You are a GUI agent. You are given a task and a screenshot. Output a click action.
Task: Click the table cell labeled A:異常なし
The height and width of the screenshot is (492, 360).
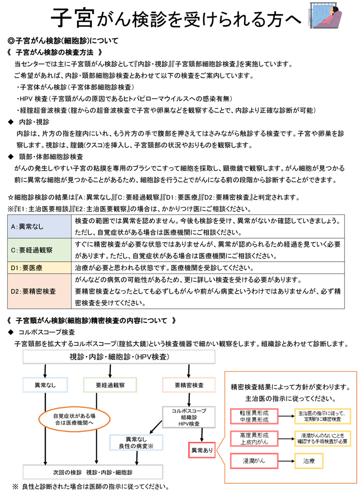click(x=40, y=226)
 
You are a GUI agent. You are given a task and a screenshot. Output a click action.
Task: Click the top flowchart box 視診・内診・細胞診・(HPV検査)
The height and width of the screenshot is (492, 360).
click(x=119, y=357)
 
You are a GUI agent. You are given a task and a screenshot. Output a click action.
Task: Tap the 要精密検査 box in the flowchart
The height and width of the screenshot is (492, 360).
click(x=188, y=385)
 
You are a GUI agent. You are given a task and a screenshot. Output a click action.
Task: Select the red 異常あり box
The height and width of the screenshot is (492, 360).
click(x=202, y=450)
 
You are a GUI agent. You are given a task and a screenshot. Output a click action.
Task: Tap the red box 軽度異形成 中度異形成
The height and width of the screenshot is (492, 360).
click(x=254, y=416)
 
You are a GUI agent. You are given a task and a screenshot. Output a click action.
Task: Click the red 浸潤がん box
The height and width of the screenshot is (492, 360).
click(x=254, y=460)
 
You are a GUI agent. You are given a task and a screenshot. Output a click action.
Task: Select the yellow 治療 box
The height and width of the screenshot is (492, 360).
click(x=309, y=460)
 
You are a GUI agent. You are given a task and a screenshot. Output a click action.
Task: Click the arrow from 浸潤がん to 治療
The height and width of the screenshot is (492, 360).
click(x=286, y=460)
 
